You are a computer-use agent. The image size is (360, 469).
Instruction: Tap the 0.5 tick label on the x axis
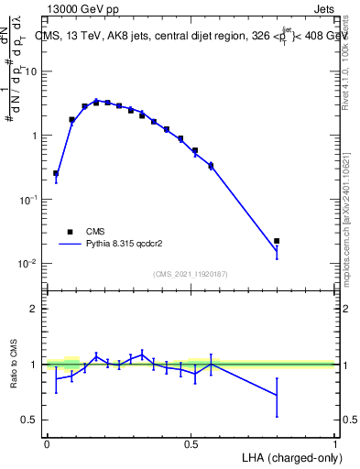pos(191,442)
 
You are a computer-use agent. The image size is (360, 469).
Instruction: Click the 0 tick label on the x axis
pos(47,442)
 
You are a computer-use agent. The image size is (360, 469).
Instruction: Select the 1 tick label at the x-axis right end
pos(334,442)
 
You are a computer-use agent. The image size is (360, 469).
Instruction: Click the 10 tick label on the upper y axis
pos(31,71)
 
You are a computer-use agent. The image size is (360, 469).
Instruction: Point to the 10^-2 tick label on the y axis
pos(29,264)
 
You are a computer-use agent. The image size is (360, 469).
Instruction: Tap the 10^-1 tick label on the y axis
pos(29,200)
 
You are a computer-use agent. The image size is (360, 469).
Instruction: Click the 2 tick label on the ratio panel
pos(34,309)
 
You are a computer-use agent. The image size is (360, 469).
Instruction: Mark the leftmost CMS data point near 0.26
pos(56,173)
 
